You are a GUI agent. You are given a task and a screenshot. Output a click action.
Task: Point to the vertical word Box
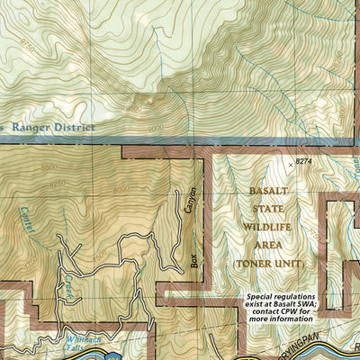[192, 260]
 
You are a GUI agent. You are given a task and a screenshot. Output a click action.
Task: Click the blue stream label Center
[27, 220]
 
